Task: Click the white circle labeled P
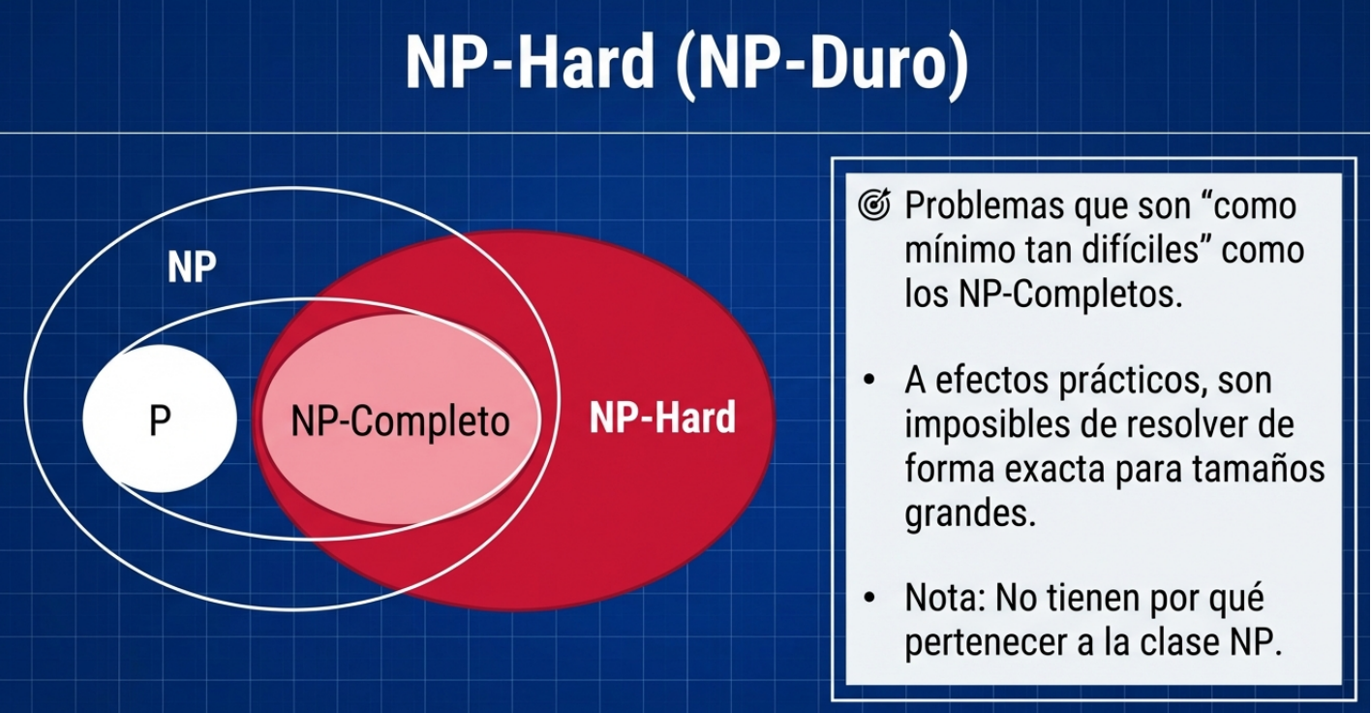pos(160,418)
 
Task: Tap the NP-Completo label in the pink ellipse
pos(400,422)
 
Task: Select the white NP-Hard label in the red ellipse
pos(662,418)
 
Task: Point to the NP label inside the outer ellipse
pos(192,266)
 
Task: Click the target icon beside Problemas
pos(874,204)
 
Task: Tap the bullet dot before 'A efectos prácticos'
pos(869,380)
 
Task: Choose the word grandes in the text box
pos(969,512)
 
